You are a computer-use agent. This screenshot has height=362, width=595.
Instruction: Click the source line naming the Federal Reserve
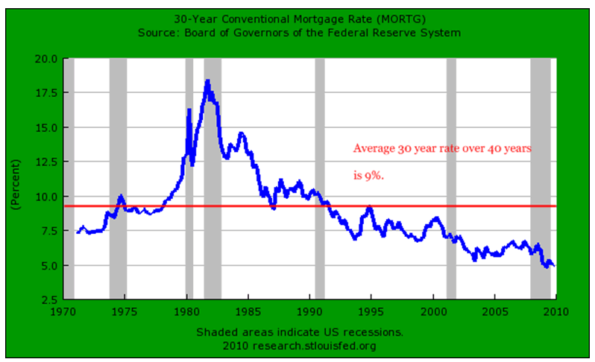point(298,33)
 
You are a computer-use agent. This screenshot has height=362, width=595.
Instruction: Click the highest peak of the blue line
point(207,81)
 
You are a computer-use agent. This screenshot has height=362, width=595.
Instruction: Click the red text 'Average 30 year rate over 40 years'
point(442,148)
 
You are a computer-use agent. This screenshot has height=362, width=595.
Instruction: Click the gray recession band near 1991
point(319,179)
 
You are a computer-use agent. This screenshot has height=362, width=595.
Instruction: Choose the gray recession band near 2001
point(451,179)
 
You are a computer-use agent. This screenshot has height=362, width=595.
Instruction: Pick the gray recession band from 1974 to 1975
point(118,179)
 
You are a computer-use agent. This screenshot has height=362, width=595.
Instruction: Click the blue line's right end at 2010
point(552,265)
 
